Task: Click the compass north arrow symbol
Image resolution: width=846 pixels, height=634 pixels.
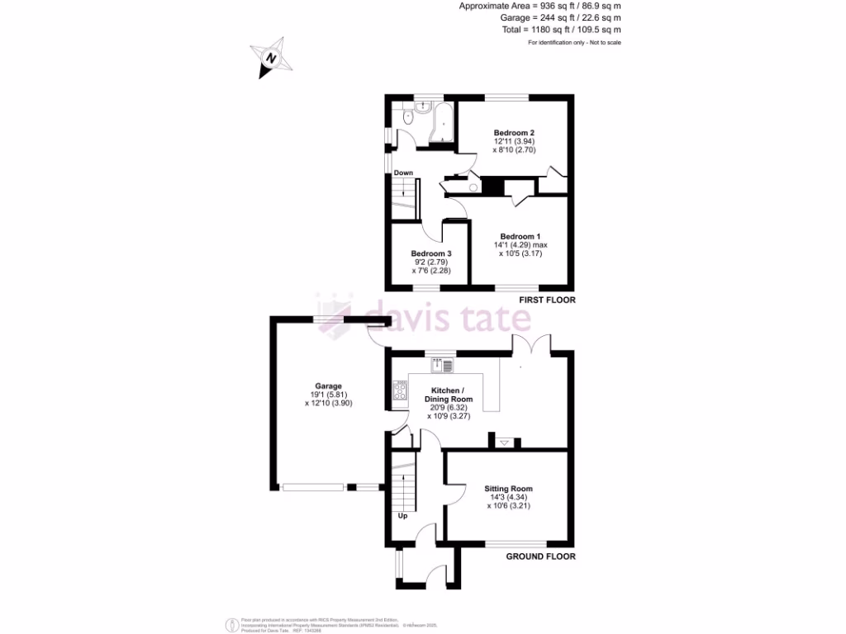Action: click(x=271, y=58)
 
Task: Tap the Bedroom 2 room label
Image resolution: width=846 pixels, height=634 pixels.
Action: click(x=514, y=133)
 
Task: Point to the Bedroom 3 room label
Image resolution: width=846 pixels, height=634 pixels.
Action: click(x=431, y=253)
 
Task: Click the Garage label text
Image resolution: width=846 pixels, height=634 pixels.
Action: click(x=320, y=386)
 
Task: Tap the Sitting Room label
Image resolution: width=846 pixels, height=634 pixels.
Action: click(x=508, y=489)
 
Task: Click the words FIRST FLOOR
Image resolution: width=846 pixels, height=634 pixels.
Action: click(x=546, y=300)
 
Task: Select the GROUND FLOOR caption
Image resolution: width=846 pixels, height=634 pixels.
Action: click(x=540, y=557)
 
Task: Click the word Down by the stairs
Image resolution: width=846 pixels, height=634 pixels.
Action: click(x=403, y=173)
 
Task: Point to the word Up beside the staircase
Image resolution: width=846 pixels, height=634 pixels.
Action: click(x=403, y=516)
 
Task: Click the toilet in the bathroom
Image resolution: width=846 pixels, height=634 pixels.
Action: click(x=408, y=118)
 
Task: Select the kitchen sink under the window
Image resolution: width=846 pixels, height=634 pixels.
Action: click(x=442, y=365)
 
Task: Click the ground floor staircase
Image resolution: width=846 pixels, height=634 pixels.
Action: click(x=403, y=487)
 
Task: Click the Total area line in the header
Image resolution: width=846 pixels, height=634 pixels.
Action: click(x=562, y=29)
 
